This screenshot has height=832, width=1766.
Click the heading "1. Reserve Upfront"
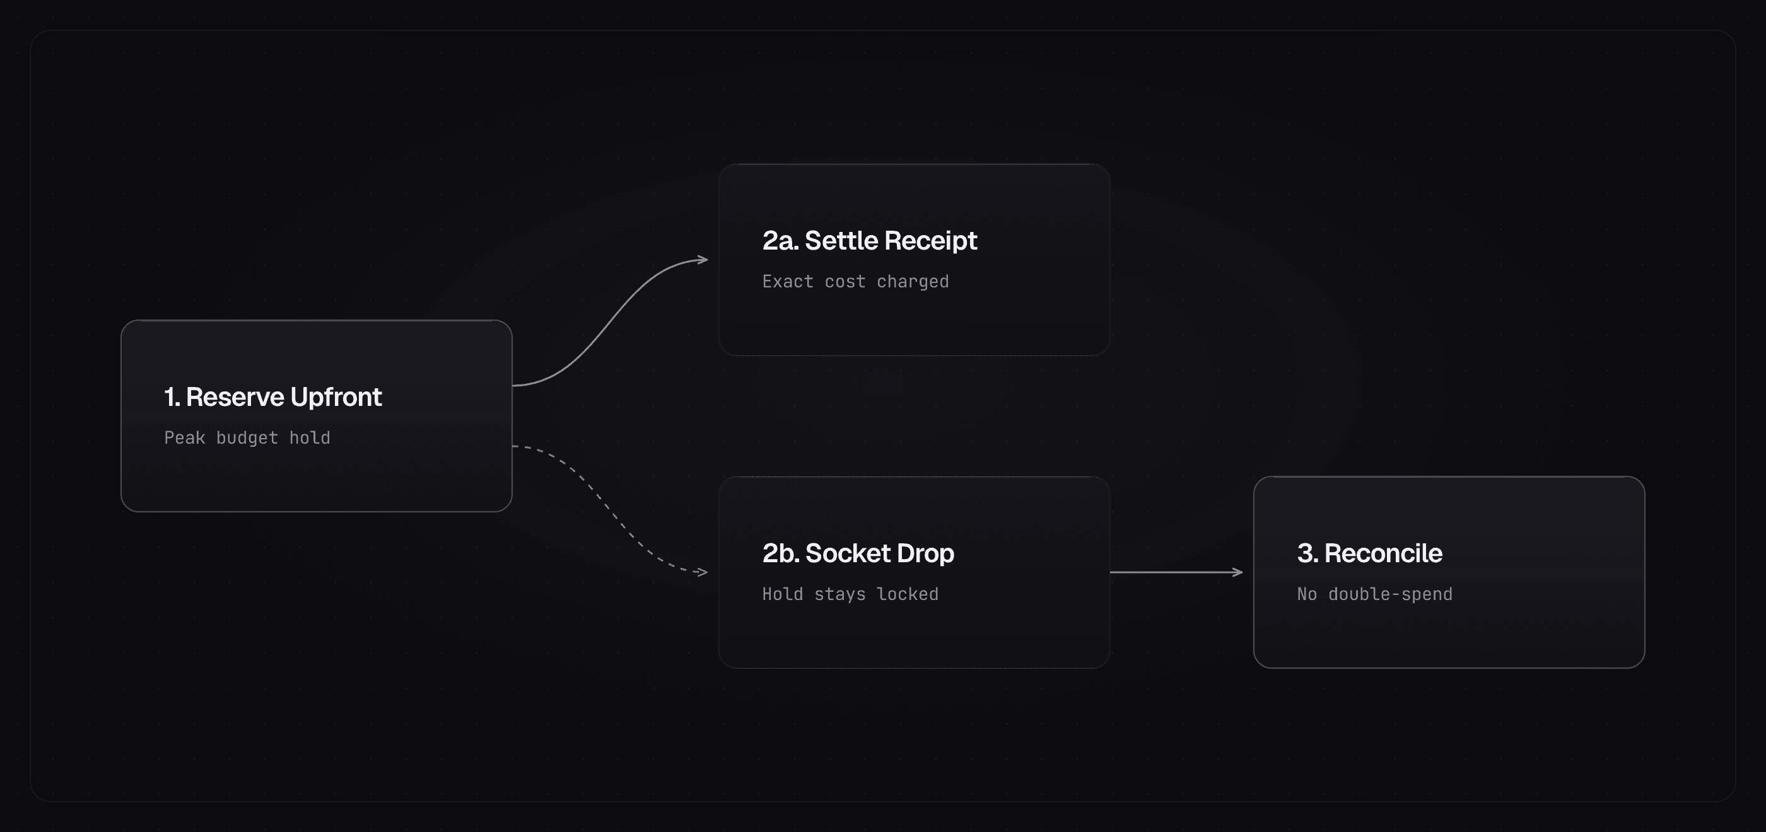[273, 398]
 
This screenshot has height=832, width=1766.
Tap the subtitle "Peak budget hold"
[247, 438]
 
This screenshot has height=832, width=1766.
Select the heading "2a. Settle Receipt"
[869, 241]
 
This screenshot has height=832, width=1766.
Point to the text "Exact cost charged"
[856, 282]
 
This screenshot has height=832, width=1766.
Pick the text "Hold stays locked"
[850, 594]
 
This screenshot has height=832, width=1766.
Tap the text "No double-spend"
[1374, 594]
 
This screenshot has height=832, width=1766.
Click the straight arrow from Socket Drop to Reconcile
[1176, 572]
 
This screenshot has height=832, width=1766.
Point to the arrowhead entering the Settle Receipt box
[703, 260]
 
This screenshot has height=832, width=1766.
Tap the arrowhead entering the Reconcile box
[1237, 572]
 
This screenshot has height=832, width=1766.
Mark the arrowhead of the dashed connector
[702, 572]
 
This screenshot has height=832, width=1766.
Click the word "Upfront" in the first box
[336, 398]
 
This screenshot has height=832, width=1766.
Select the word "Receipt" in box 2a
[930, 241]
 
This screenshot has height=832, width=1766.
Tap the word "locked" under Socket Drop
[908, 594]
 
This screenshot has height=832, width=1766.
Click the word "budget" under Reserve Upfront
[247, 438]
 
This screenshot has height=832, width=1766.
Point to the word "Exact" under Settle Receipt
[788, 282]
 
